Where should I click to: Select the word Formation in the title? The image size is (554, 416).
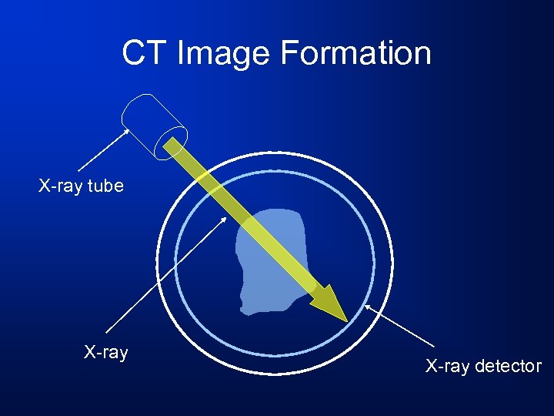355,53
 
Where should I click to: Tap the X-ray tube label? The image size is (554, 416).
81,186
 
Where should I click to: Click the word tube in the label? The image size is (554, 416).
106,186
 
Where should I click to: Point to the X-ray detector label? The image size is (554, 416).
483,367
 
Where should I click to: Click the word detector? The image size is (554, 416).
508,367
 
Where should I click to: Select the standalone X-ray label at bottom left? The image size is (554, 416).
105,353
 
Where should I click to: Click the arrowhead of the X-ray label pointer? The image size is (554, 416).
225,218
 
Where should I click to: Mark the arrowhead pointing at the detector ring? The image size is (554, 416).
367,307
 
